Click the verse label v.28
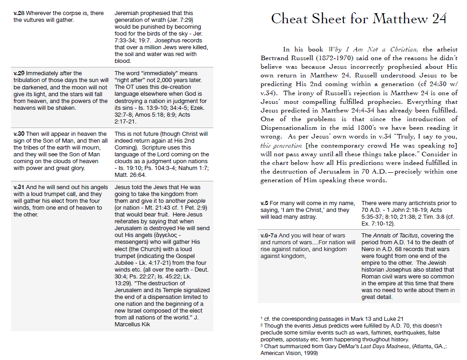click(19, 13)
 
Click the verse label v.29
click(19, 73)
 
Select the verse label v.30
click(19, 134)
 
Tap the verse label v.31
click(19, 187)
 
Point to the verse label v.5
click(264, 203)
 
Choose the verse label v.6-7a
click(270, 236)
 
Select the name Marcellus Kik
click(132, 324)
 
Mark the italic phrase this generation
click(280, 146)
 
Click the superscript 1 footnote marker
click(261, 318)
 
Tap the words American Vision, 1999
click(288, 353)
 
